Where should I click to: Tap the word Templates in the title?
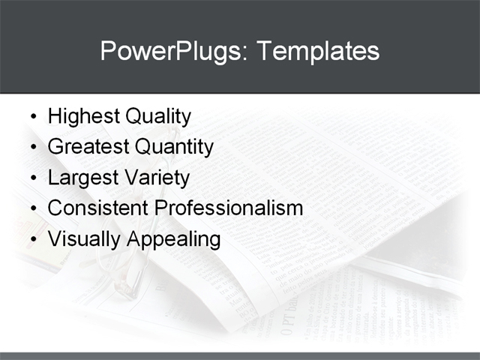318,51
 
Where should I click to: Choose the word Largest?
82,178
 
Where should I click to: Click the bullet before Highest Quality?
31,118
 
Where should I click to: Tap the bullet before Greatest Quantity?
31,148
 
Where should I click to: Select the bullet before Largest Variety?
31,178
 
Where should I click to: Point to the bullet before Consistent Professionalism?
31,208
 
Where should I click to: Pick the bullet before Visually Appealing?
31,239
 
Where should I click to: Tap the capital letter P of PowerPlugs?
108,50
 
